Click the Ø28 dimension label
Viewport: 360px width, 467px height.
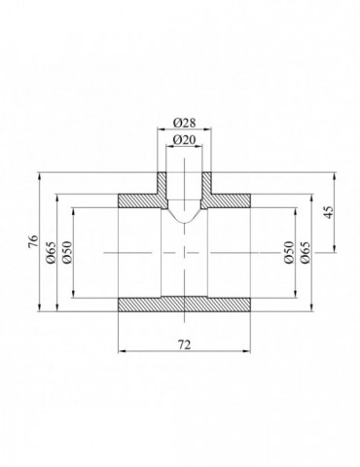(x=185, y=124)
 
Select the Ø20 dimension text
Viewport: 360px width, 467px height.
(x=185, y=141)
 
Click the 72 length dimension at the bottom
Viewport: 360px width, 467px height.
(x=185, y=344)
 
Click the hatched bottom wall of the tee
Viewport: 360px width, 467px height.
(x=185, y=305)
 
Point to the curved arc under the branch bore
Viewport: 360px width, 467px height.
(x=185, y=222)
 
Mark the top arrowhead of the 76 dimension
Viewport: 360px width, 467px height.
(x=40, y=175)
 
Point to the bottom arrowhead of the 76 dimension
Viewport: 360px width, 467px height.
(x=40, y=311)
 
